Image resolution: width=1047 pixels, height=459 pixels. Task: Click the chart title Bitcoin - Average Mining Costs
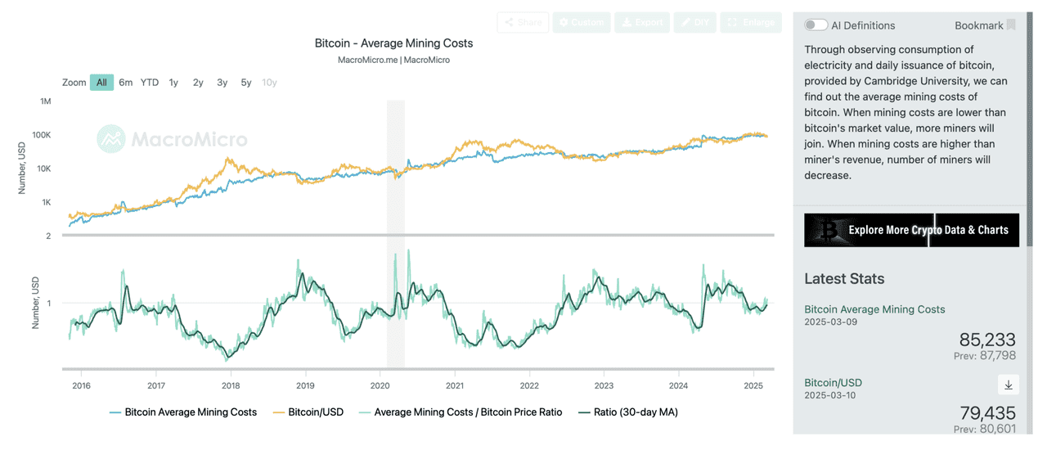coord(393,43)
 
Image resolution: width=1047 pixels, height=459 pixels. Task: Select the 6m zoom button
coord(125,83)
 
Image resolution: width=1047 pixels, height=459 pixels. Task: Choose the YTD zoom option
coord(150,83)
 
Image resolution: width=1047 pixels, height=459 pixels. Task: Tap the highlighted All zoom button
coord(101,83)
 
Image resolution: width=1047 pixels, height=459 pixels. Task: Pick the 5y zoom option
coord(246,83)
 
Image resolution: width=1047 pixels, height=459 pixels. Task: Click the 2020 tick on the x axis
coord(380,385)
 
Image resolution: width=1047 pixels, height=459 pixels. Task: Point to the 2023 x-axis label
coord(604,385)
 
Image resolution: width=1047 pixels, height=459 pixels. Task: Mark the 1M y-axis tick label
coord(45,101)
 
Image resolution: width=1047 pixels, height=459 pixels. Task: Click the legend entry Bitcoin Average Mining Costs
coord(190,412)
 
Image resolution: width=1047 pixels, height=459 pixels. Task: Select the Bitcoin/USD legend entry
coord(314,412)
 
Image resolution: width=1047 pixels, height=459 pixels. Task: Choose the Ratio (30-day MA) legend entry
coord(636,412)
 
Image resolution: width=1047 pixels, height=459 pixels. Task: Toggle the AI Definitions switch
coord(816,25)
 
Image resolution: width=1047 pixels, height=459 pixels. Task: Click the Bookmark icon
coord(1011,25)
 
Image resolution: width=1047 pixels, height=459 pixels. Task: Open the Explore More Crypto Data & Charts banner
coord(911,230)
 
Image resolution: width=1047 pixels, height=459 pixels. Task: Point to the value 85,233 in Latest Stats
coord(986,340)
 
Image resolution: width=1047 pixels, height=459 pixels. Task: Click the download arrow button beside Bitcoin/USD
coord(1008,385)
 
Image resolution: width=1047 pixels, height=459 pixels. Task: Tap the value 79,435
coord(986,412)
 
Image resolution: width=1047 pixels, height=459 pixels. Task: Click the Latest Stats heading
coord(844,279)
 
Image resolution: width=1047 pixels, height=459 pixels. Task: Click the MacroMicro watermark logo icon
coord(111,139)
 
